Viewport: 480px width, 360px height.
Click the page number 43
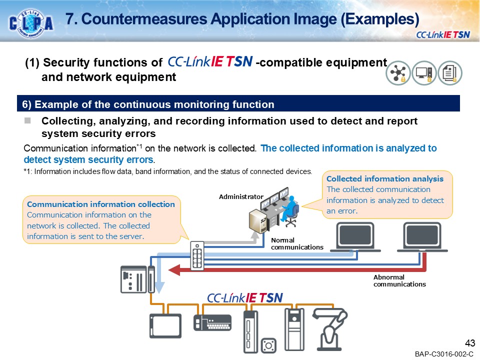point(469,343)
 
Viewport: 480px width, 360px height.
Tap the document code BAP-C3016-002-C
point(443,354)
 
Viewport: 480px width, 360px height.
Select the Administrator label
point(241,197)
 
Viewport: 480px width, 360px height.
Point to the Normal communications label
point(297,243)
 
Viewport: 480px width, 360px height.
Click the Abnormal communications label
point(399,280)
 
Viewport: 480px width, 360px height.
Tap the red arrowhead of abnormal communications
point(174,270)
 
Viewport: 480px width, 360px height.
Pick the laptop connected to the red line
point(424,237)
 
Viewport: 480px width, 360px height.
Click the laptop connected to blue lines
point(358,237)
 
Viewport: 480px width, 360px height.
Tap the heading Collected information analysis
point(384,178)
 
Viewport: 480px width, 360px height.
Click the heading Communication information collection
point(101,204)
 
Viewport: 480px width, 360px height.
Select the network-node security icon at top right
point(398,73)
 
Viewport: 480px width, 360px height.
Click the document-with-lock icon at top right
point(450,73)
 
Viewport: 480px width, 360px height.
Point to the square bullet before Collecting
point(28,121)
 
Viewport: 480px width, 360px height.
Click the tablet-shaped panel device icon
point(165,325)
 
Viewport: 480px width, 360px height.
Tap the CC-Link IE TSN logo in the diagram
point(245,298)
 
